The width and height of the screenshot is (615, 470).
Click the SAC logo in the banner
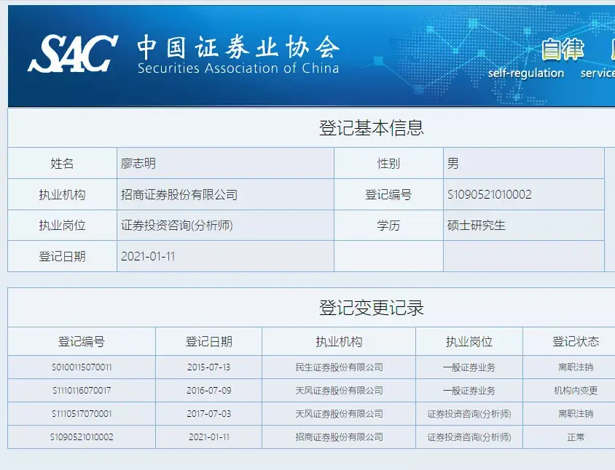(x=73, y=54)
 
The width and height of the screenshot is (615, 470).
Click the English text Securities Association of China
(x=238, y=68)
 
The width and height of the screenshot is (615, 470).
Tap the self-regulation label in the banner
(x=526, y=73)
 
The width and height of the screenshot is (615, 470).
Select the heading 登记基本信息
(x=372, y=128)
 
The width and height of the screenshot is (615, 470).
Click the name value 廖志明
(x=138, y=163)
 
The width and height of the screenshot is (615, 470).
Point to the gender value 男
(x=453, y=163)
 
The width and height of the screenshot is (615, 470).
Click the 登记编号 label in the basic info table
(x=388, y=195)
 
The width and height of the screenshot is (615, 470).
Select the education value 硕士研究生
(x=476, y=226)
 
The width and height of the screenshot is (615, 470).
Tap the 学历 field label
(x=388, y=226)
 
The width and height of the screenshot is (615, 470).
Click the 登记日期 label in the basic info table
(x=62, y=257)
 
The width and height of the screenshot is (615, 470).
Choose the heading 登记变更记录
(x=372, y=308)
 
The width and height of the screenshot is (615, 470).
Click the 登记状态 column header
(x=576, y=341)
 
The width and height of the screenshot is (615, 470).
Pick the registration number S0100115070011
(x=82, y=367)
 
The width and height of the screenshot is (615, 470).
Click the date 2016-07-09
(x=208, y=391)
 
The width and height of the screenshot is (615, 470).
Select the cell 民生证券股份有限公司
(x=339, y=367)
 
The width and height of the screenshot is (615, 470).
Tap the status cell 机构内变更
(x=576, y=391)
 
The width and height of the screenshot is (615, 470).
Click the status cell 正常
(x=576, y=437)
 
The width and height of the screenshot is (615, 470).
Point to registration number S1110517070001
(x=82, y=414)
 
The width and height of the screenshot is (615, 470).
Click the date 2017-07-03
(x=208, y=414)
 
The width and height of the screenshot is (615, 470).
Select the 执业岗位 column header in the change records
(x=469, y=341)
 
